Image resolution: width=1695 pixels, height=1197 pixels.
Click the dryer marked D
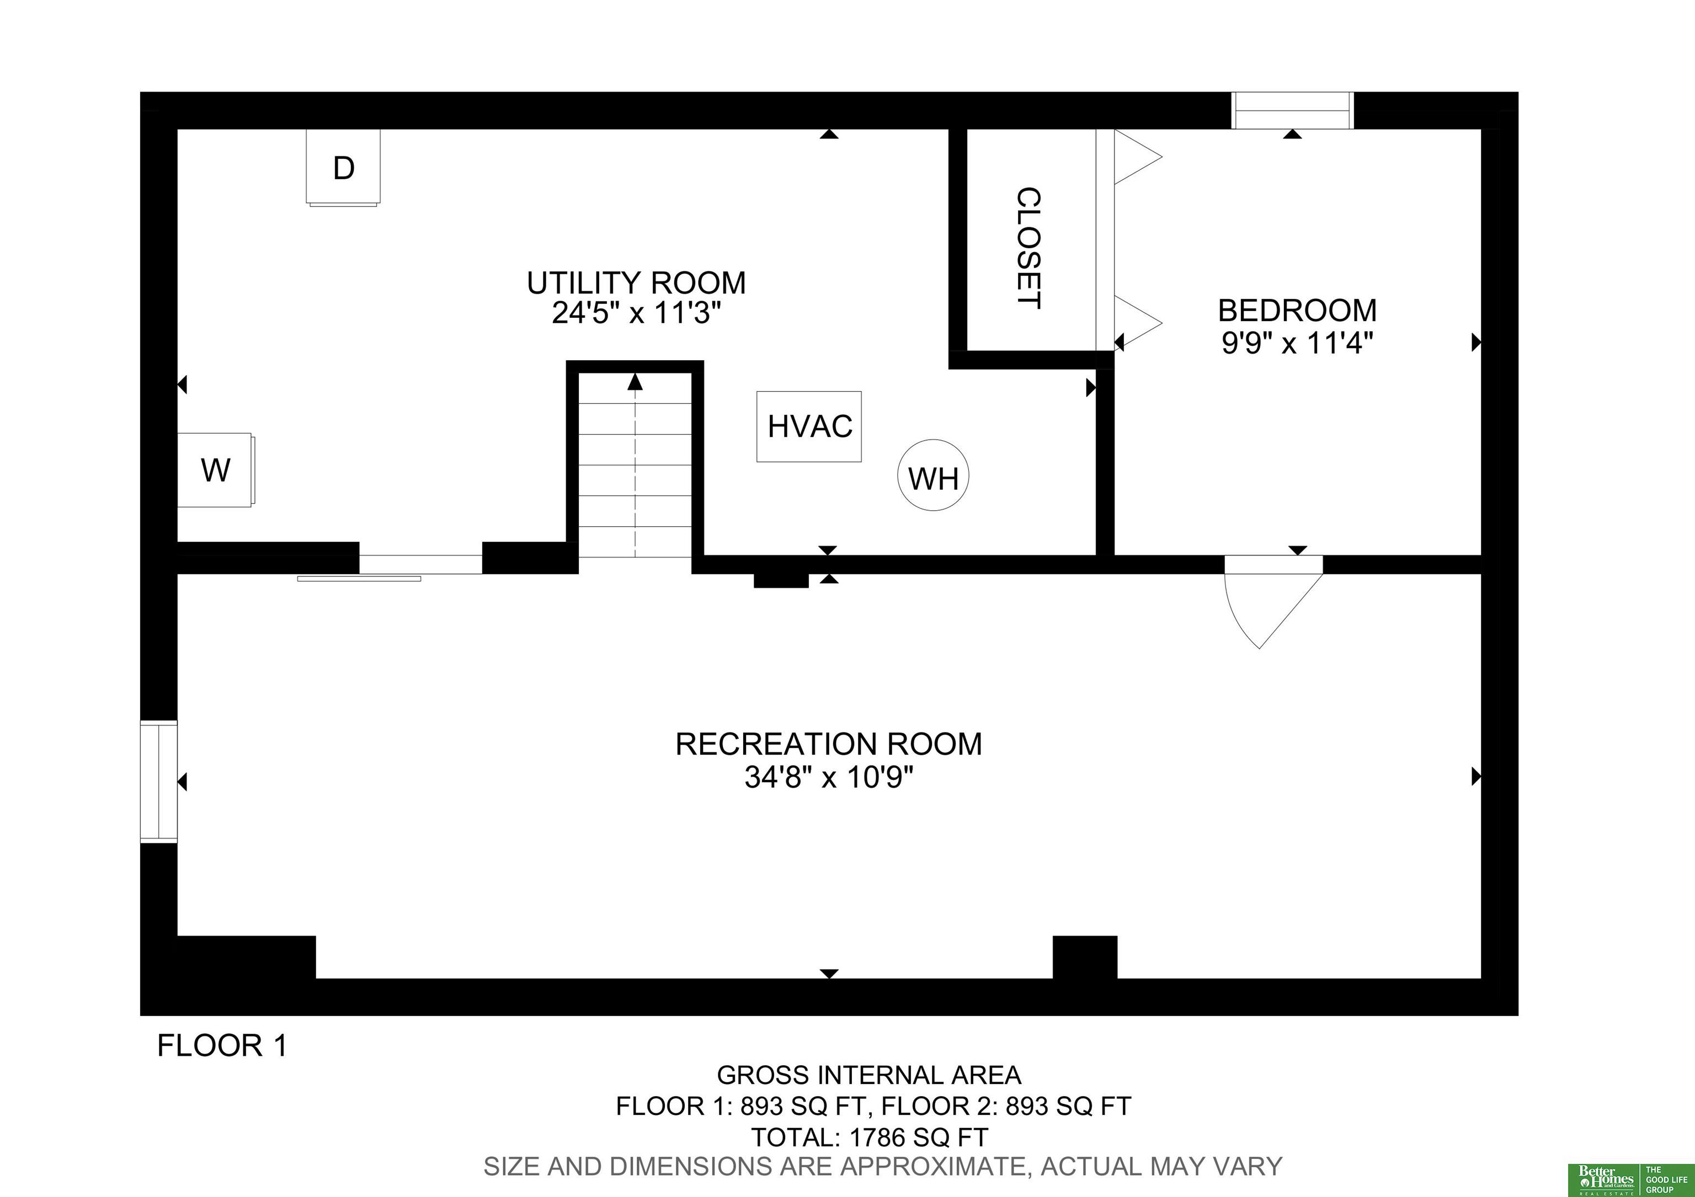pos(343,168)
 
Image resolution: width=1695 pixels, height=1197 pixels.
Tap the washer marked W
pos(216,469)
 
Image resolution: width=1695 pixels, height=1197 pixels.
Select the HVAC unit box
pos(809,426)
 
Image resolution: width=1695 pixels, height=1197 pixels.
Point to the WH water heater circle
pos(933,476)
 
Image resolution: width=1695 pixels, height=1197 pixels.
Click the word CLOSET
pos(1029,248)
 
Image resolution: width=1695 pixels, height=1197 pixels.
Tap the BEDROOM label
pos(1297,311)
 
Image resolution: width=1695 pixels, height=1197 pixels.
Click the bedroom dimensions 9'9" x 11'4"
pos(1297,343)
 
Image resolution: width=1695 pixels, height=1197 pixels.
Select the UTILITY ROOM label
pos(636,282)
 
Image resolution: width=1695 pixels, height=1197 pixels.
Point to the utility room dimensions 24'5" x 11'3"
pos(636,314)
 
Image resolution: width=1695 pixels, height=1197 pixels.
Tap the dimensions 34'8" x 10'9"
pos(829,777)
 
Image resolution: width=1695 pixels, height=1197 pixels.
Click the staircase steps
pos(635,465)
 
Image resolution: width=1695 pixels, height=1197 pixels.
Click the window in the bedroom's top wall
pos(1292,111)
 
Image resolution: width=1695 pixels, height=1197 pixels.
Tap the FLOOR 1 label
pos(222,1046)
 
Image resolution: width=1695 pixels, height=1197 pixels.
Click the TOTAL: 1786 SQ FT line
pos(870,1137)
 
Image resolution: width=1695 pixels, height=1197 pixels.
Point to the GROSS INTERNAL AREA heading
pos(870,1075)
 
